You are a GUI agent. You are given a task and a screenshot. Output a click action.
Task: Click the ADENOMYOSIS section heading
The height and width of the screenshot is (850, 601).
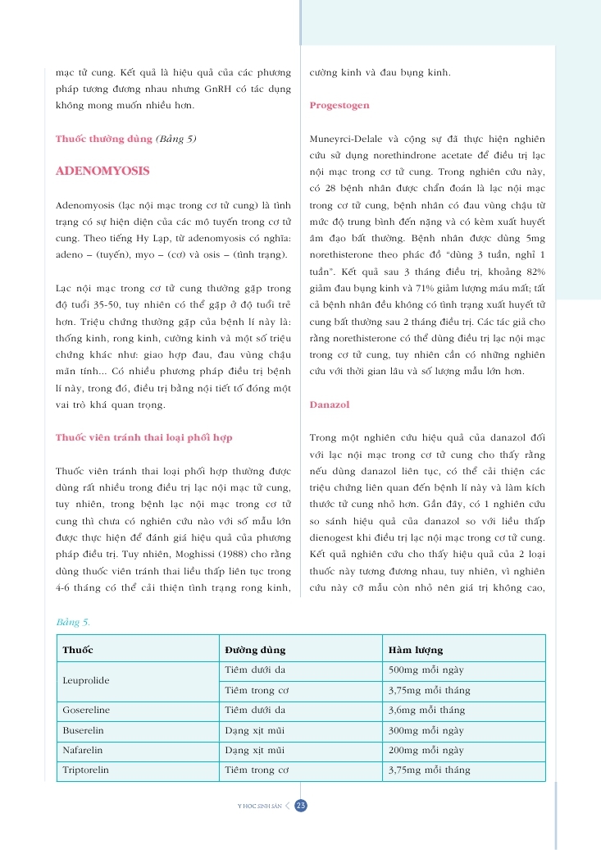pos(102,171)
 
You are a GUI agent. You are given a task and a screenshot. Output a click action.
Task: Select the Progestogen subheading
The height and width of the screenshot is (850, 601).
pos(339,106)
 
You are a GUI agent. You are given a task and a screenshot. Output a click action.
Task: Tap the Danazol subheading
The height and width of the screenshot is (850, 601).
pos(330,404)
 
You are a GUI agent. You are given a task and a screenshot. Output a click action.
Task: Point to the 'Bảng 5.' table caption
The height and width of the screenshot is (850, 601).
pos(73,624)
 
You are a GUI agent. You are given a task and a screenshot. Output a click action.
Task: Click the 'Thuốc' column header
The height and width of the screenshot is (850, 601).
pos(78,650)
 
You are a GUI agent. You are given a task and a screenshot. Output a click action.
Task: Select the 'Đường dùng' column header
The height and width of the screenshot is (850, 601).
pos(255,650)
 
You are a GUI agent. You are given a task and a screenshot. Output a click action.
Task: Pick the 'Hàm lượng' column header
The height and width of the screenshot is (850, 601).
pos(415,650)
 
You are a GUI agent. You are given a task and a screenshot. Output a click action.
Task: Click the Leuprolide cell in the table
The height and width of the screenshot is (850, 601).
pos(86,680)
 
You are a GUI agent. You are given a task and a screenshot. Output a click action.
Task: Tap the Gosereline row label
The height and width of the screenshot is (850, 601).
pos(86,711)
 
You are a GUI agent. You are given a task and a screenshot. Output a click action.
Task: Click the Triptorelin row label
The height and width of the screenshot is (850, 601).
pos(87,770)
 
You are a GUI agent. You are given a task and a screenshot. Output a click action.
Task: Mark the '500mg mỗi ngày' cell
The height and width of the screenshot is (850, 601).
pos(426,670)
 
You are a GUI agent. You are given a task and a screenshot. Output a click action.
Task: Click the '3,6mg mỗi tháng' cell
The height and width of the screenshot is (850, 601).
pos(426,711)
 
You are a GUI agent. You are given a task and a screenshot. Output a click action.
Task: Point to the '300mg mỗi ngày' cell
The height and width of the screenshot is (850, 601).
pos(426,730)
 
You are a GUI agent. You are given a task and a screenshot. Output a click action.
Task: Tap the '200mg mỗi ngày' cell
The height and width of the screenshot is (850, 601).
pos(426,750)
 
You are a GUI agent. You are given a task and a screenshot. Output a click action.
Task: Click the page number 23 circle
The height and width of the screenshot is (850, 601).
pos(301,806)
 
